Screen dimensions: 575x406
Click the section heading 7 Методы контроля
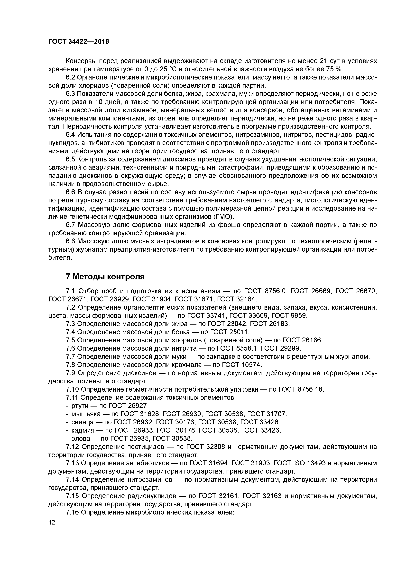click(105, 277)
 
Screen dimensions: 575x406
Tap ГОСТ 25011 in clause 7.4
click(229, 332)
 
